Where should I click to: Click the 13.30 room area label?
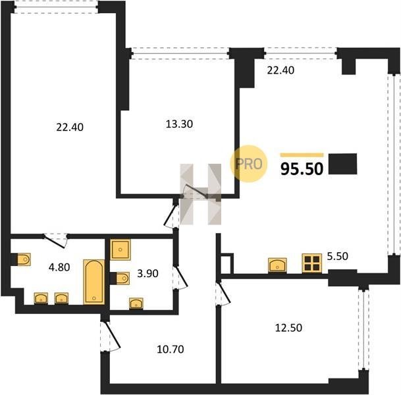coord(179,124)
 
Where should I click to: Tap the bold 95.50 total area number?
coord(302,169)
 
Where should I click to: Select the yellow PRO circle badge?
coord(249,164)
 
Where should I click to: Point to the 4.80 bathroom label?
coord(59,267)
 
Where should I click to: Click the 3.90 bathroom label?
coord(147,273)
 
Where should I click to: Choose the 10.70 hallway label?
coord(171,349)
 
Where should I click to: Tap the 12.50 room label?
coord(288,327)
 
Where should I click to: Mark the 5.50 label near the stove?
coord(338,256)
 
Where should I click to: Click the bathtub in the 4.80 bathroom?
coord(94,282)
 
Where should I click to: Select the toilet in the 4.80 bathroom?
coord(24,259)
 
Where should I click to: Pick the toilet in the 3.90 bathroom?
coord(122,278)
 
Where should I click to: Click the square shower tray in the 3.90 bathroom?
coord(120,250)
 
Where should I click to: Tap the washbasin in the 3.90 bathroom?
coord(136,303)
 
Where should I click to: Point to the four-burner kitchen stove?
coord(312,263)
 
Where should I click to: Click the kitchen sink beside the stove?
coord(277,265)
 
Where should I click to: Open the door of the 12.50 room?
coord(223,294)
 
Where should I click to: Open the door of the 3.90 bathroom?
coord(180,278)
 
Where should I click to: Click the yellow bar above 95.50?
coord(302,155)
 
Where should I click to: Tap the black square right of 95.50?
coord(342,164)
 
